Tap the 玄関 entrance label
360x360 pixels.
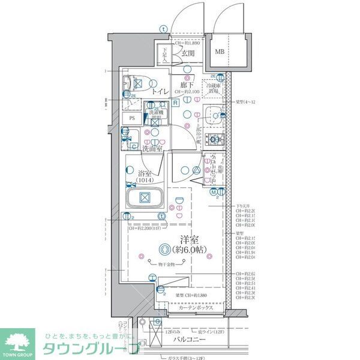pos(187,53)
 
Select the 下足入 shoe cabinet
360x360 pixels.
pos(163,55)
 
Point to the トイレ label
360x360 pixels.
pos(160,92)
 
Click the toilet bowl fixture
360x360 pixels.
pos(133,85)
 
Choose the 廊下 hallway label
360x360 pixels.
pos(187,85)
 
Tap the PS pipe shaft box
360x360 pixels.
pos(132,118)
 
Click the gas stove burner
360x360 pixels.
pos(212,140)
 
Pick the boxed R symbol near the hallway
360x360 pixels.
pos(175,103)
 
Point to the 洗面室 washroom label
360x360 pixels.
pos(152,148)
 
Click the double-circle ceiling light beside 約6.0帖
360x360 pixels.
pos(164,249)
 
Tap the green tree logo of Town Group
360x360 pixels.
pos(19,340)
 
